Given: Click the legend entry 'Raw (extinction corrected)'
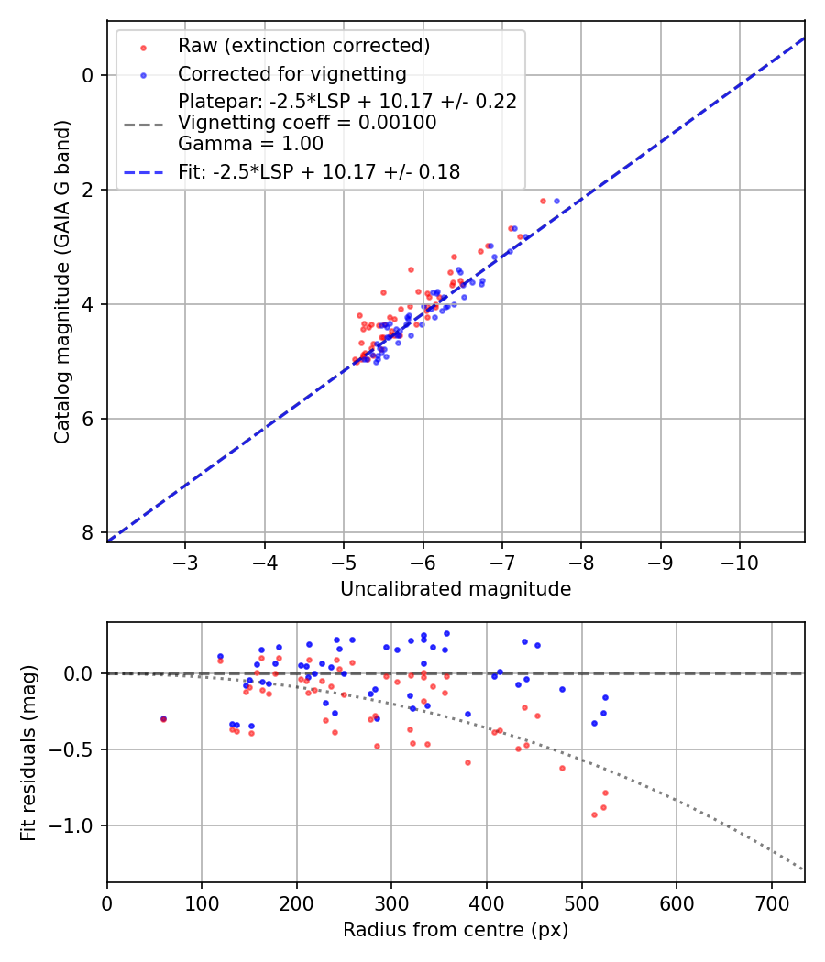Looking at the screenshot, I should [x=303, y=46].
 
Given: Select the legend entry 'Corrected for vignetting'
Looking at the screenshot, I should [x=291, y=73].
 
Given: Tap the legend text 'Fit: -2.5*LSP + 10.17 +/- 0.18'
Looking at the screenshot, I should [x=319, y=171].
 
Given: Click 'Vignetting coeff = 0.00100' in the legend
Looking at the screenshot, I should [x=307, y=123].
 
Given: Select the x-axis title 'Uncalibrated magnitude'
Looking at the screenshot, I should [x=456, y=589].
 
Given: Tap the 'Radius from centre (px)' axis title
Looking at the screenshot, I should [x=456, y=930].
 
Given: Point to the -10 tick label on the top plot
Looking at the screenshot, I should [x=740, y=562].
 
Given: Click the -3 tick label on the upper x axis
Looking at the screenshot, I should [x=186, y=562].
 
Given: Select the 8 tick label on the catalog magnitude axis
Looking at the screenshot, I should [x=88, y=533].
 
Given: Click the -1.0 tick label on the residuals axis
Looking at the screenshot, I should [x=77, y=825].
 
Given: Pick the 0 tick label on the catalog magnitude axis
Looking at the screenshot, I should [x=88, y=75].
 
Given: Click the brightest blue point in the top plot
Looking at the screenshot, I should [x=556, y=201].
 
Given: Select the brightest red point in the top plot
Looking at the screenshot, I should [x=543, y=201].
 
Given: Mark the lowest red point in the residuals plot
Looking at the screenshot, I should [x=594, y=814].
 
